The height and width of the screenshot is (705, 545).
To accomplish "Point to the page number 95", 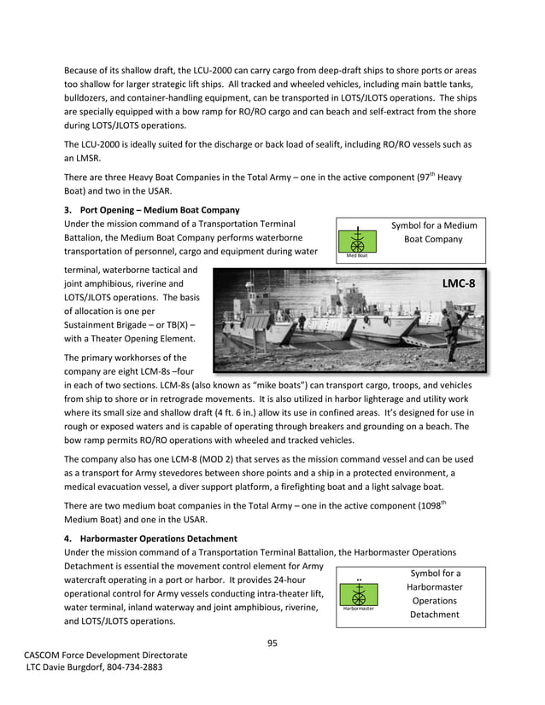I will tap(272, 643).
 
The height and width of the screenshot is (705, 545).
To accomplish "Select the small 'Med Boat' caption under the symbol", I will tap(358, 255).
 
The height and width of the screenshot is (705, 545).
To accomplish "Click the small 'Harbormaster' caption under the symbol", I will tap(359, 609).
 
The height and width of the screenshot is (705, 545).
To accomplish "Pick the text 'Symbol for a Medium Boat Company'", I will tap(434, 232).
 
